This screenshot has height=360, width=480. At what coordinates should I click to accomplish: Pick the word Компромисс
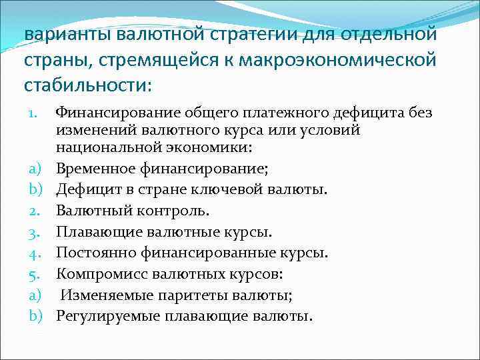[x=99, y=273]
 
